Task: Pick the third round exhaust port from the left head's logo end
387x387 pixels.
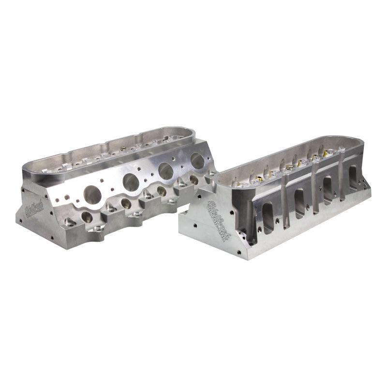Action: coord(167,170)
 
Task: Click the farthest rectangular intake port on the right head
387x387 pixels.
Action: coord(352,177)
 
